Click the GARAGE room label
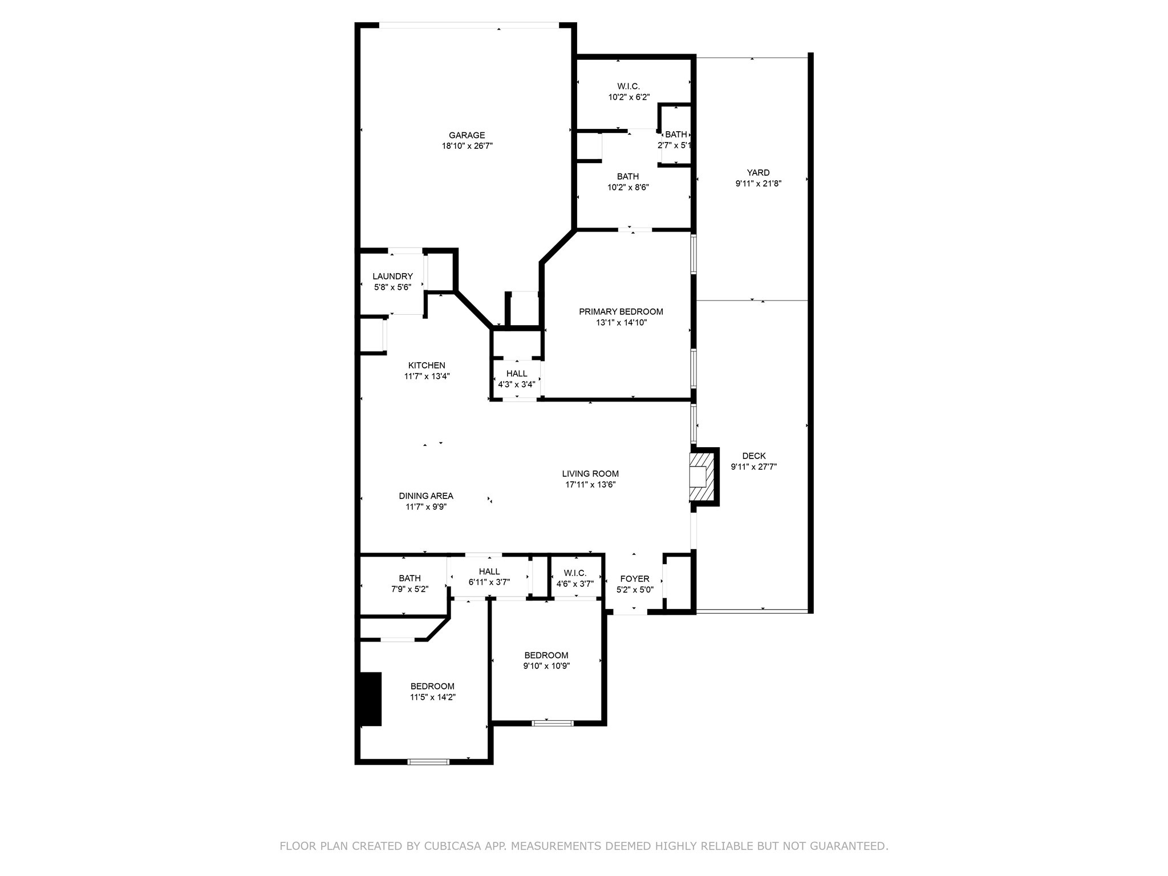[467, 135]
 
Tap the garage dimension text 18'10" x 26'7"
[467, 146]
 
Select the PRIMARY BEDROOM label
[620, 311]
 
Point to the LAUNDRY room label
[392, 276]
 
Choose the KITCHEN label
[427, 366]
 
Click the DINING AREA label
[425, 496]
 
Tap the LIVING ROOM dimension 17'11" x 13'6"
[590, 485]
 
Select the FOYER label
[634, 579]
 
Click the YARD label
[758, 173]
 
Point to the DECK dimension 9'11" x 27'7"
[753, 467]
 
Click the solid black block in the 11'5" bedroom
[370, 699]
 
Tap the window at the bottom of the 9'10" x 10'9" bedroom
[552, 723]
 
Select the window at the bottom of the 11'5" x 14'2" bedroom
[428, 761]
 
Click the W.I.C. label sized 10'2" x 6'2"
[628, 87]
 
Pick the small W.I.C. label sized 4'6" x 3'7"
[574, 573]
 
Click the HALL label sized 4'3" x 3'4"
[517, 374]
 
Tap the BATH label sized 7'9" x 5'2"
[409, 578]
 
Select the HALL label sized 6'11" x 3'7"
[489, 571]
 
